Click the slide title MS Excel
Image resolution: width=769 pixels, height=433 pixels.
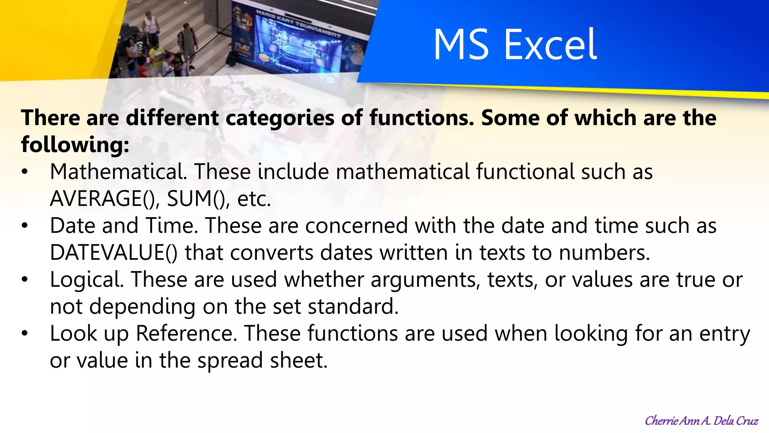pyautogui.click(x=515, y=45)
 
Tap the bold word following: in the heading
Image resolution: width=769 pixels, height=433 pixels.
pyautogui.click(x=75, y=145)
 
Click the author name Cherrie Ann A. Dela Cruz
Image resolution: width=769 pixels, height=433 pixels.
pyautogui.click(x=701, y=421)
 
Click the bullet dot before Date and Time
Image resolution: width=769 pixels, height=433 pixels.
pyautogui.click(x=25, y=226)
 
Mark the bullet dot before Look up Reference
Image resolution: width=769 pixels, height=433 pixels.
pyautogui.click(x=25, y=334)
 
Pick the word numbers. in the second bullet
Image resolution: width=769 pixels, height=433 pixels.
pyautogui.click(x=604, y=253)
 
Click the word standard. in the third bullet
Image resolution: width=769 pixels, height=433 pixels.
pyautogui.click(x=353, y=307)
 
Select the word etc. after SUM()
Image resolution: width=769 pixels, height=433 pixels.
pyautogui.click(x=254, y=199)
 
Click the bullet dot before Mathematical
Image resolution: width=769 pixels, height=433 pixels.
pyautogui.click(x=25, y=172)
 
